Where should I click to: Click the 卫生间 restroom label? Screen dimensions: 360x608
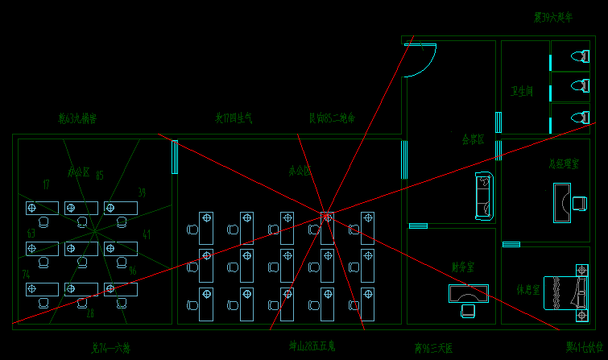[x=522, y=92]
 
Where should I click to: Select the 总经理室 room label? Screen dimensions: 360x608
[x=564, y=163]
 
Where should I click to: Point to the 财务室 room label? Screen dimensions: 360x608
[x=463, y=266]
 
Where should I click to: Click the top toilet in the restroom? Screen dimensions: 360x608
[x=579, y=57]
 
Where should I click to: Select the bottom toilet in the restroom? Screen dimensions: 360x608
[x=579, y=118]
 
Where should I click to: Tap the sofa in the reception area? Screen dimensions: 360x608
[x=483, y=197]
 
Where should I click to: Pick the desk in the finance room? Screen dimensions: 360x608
[x=468, y=294]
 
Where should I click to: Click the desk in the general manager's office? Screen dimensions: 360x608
[x=562, y=201]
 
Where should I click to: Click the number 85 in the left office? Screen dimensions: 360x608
[x=99, y=176]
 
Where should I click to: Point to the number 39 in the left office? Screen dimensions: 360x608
[x=142, y=192]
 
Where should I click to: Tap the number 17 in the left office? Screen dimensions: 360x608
[x=46, y=184]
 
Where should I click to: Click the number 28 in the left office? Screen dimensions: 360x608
[x=90, y=313]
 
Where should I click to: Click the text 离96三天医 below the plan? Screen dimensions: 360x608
[x=434, y=348]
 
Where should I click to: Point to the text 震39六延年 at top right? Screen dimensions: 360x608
[x=552, y=17]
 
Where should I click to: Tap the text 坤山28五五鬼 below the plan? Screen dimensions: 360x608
[x=312, y=347]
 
